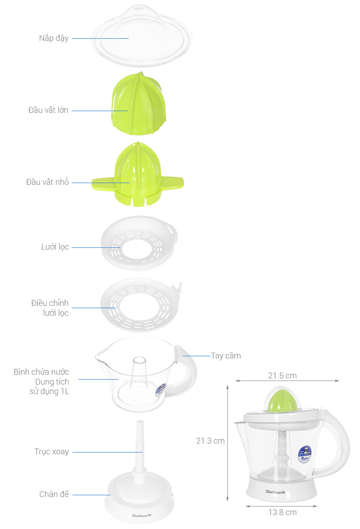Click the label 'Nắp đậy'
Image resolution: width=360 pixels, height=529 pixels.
(54, 38)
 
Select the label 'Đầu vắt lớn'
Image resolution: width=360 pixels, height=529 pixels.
(48, 110)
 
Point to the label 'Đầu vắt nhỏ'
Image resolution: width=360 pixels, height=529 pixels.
(47, 182)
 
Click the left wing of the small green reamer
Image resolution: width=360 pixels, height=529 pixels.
(103, 183)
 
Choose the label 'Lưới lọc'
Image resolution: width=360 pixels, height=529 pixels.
(55, 247)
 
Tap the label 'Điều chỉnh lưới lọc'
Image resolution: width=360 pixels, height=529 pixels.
(50, 308)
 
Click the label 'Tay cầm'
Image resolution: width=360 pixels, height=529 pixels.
(226, 356)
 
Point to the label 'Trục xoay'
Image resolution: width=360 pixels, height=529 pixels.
(52, 452)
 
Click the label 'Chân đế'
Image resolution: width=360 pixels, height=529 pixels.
(54, 494)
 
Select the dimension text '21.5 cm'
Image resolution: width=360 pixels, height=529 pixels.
(282, 376)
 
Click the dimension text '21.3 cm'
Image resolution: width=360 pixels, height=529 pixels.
(210, 441)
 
